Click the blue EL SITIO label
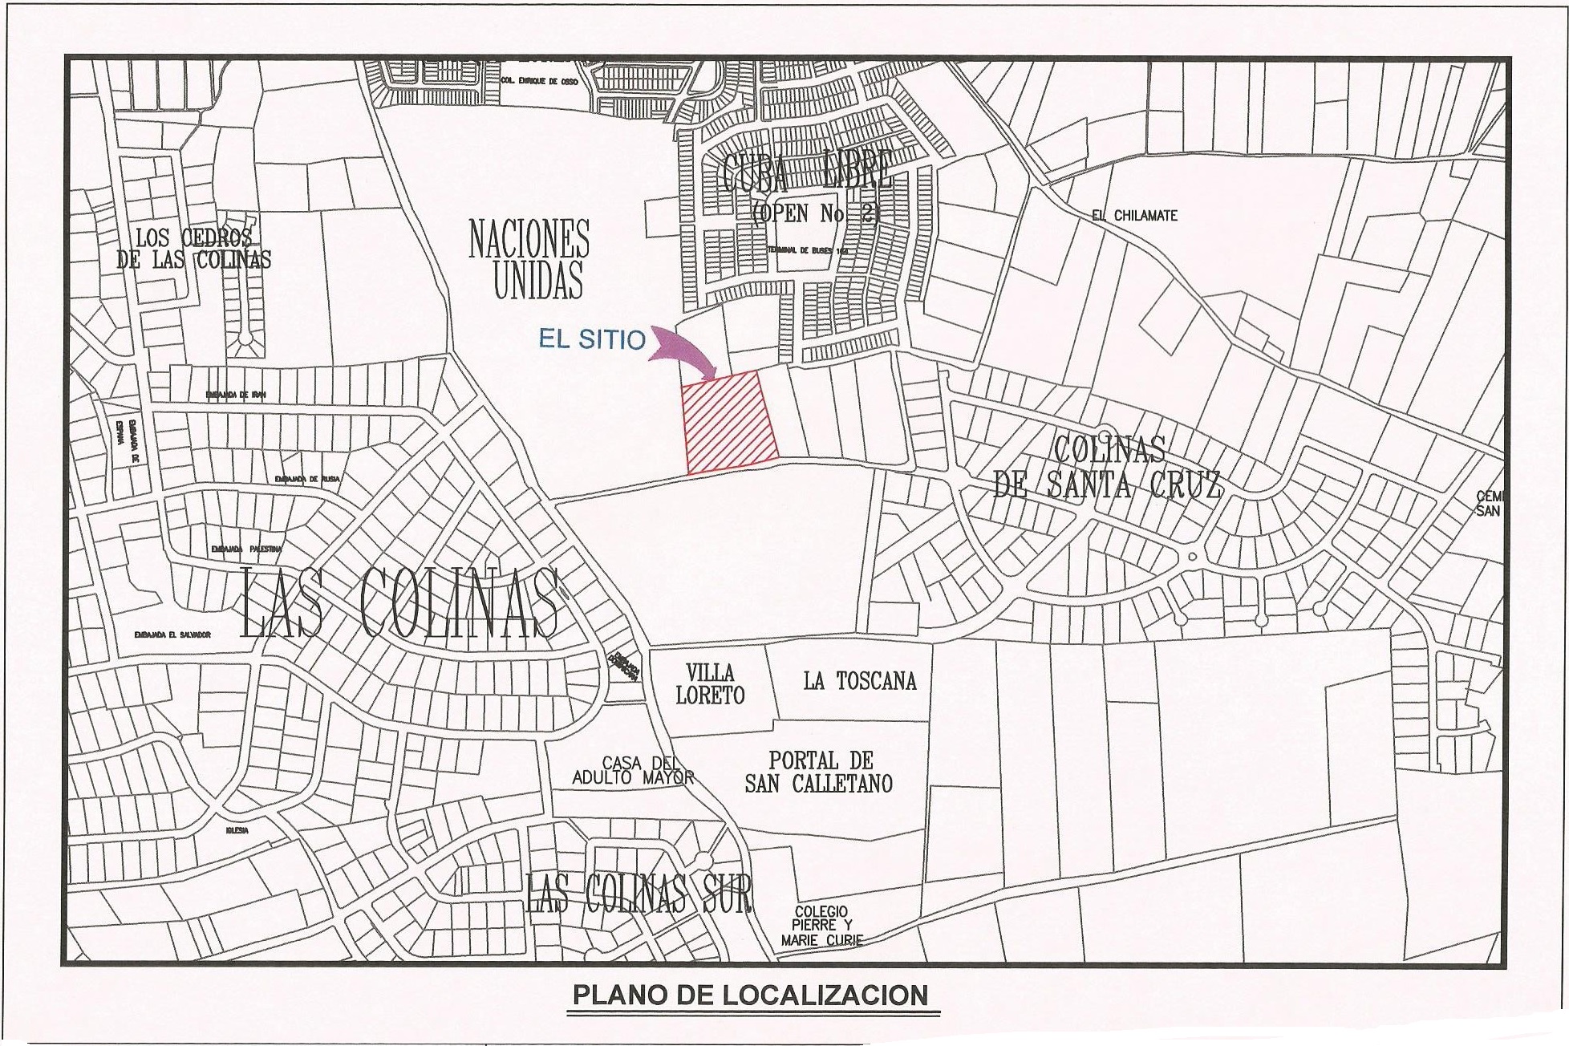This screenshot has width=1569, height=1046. (x=592, y=340)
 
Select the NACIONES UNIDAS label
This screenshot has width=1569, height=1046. (x=529, y=259)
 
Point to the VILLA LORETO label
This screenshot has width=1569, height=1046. (x=710, y=684)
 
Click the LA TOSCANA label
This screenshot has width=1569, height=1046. (x=859, y=682)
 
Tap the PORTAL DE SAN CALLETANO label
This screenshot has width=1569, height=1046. (x=819, y=772)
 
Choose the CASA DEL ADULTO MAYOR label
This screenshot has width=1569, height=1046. (x=632, y=770)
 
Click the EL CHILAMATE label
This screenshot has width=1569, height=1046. (x=1134, y=216)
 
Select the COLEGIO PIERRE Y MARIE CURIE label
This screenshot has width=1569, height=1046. (x=821, y=926)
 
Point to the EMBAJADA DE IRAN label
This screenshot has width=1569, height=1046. (x=235, y=395)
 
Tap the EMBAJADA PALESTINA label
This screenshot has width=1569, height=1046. (x=246, y=549)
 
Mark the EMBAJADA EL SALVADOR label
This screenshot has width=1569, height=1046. (x=172, y=634)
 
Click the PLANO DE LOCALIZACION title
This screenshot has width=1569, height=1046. (x=749, y=995)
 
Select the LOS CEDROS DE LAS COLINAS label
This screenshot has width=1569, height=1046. (x=193, y=249)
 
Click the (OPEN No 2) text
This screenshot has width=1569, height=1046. (x=815, y=213)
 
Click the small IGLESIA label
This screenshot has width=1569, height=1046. (x=237, y=831)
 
